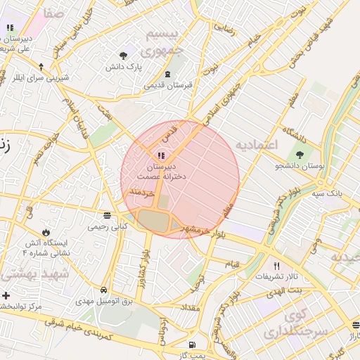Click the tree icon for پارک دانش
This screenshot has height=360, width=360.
[x=124, y=55]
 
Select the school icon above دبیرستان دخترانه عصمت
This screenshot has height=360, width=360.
[x=161, y=155]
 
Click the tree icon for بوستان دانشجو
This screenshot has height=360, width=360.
[x=300, y=154]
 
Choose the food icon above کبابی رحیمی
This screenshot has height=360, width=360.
[x=107, y=215]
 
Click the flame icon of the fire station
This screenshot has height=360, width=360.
[x=46, y=231]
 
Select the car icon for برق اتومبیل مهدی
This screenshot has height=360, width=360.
[x=103, y=290]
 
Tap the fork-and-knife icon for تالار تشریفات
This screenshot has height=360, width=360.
[x=276, y=266]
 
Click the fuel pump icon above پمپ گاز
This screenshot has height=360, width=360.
[x=192, y=345]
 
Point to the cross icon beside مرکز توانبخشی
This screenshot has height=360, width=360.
[x=6, y=295]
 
